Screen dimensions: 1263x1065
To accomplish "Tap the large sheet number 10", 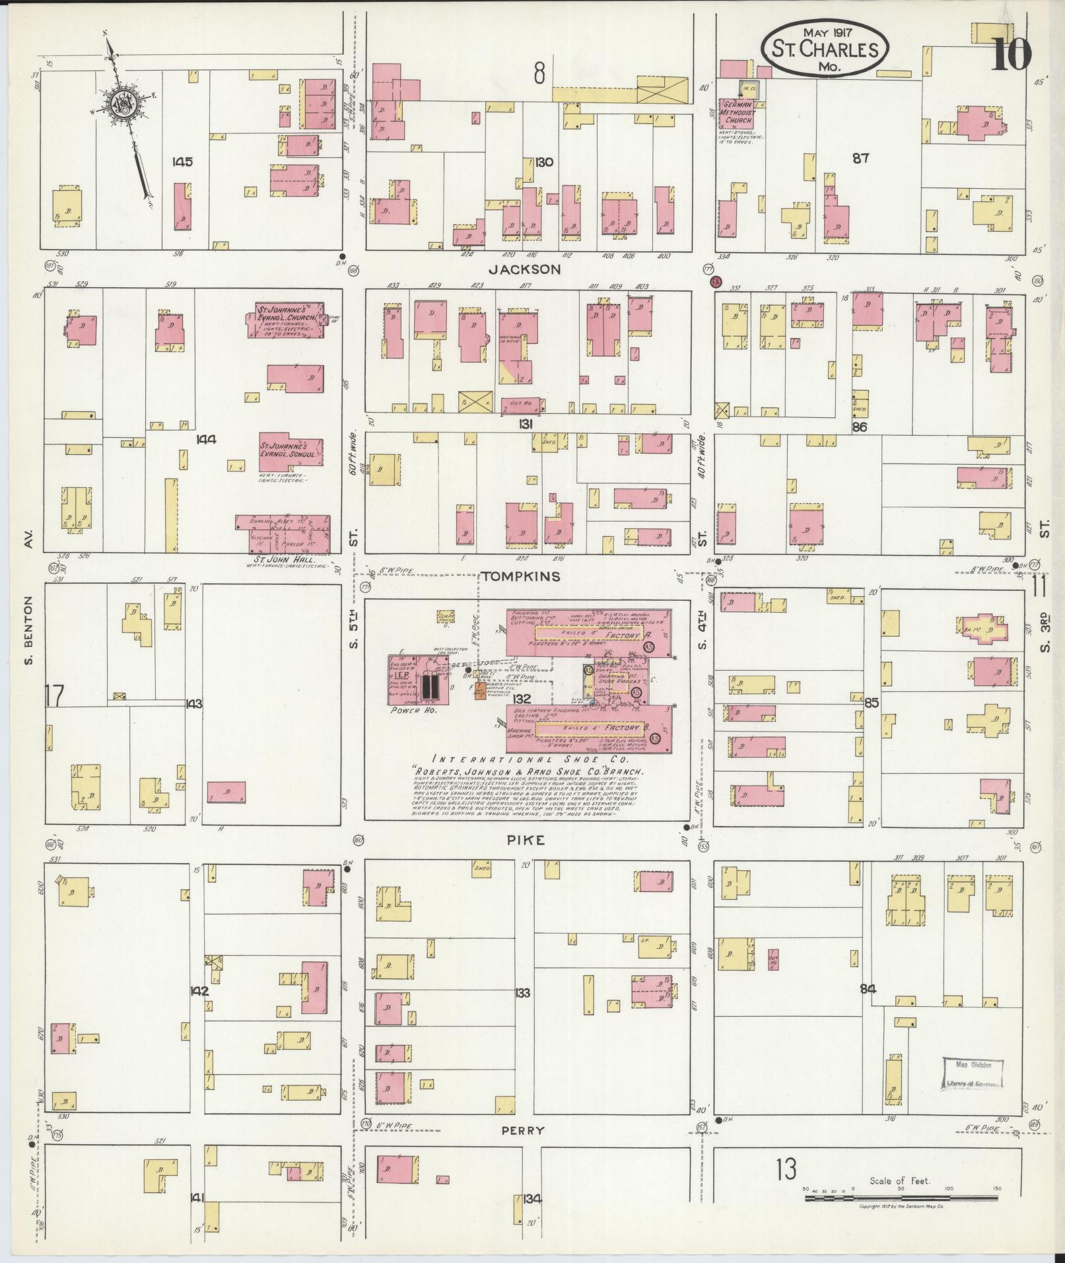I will [x=1011, y=53].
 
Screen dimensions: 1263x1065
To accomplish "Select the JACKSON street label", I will [x=525, y=269].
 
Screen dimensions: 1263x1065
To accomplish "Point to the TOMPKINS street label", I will [x=521, y=576].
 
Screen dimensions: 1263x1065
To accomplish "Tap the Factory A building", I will [x=588, y=633].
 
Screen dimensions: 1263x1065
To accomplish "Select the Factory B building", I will [x=588, y=729].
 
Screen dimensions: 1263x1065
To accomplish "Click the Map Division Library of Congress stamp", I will [x=971, y=1074].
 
